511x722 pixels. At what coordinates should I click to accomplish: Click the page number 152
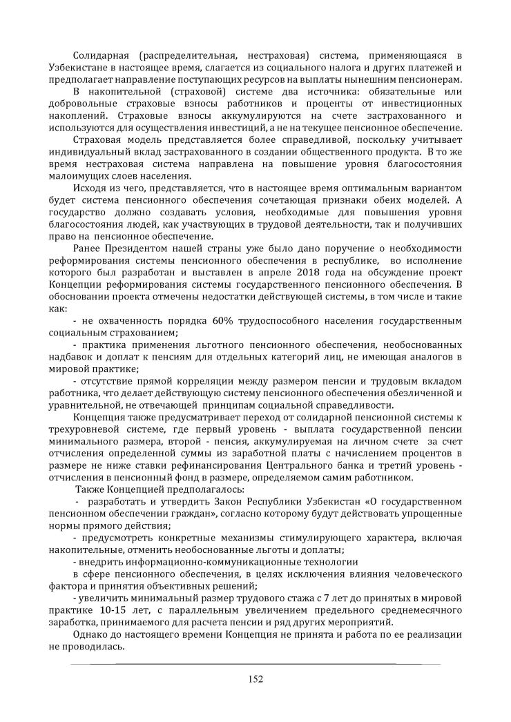pos(256,679)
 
